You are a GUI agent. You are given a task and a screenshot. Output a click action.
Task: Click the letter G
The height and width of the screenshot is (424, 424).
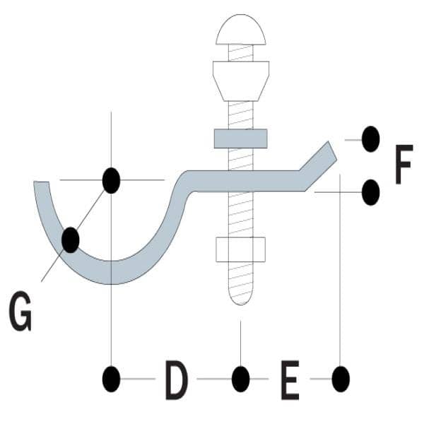coord(20,311)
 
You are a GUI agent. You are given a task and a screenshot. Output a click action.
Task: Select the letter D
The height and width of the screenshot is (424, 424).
coord(176,379)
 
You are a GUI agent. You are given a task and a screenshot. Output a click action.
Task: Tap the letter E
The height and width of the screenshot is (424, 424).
coord(290,379)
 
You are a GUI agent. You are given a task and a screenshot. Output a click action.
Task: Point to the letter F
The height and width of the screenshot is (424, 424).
coord(404,165)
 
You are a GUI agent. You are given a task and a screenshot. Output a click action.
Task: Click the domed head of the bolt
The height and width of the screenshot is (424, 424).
coord(241,29)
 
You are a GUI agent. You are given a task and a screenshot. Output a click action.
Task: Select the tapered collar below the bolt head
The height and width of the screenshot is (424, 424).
coord(241,81)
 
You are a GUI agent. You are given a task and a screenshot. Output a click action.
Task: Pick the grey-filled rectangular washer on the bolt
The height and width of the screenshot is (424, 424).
coord(241,139)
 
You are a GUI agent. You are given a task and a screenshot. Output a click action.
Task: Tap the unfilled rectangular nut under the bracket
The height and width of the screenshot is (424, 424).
coord(241,249)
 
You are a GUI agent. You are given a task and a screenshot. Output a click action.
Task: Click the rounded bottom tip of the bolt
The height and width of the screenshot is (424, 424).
coord(241,299)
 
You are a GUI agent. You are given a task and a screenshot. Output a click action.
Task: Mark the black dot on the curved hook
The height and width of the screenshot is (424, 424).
coord(71,240)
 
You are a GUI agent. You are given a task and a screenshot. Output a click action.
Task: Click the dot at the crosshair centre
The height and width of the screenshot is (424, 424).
coord(111,180)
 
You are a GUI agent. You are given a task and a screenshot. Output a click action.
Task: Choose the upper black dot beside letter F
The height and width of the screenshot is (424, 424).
coord(370,139)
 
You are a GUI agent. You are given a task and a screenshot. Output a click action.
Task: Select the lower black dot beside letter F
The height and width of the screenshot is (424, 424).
coord(370,192)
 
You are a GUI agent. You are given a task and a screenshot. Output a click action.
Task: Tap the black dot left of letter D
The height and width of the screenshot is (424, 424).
coord(111,379)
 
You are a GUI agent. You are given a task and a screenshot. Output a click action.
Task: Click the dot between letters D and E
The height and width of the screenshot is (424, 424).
coord(241,379)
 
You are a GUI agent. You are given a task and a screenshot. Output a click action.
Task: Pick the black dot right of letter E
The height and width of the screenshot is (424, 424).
coord(341,379)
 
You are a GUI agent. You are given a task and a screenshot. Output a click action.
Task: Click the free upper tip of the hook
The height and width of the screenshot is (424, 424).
coord(41,182)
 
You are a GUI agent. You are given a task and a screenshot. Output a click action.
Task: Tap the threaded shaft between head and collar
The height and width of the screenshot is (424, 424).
coord(241,53)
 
